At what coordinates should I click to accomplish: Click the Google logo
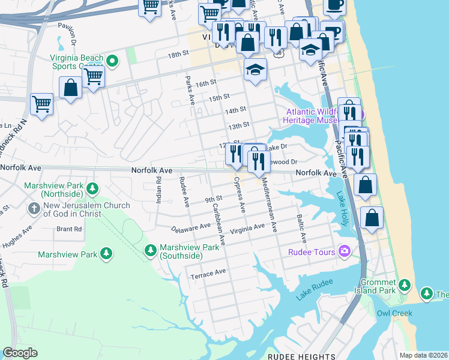point(20,353)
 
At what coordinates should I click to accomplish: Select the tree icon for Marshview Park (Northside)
point(92,190)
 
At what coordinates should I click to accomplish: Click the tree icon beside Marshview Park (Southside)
point(151,249)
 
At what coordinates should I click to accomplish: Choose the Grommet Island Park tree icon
point(405,284)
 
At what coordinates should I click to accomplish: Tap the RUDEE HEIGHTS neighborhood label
point(297,356)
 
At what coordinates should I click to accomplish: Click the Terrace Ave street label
point(208,272)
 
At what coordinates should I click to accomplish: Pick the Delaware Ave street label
point(191,227)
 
